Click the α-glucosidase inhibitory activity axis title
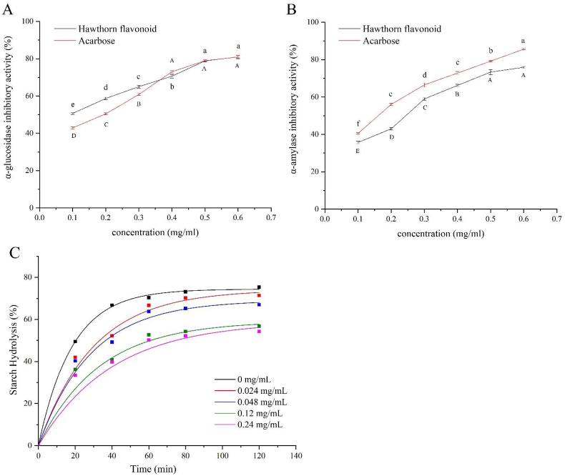10,114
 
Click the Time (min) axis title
149,470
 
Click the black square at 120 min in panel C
259,287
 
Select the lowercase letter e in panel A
72,104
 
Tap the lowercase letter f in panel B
357,123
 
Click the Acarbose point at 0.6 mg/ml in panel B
523,49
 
